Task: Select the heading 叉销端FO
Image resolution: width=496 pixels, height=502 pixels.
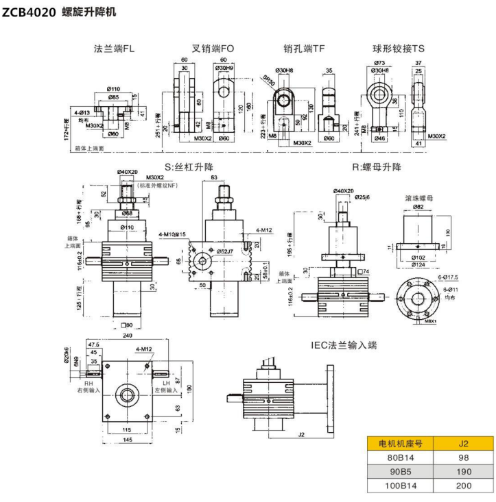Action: (x=213, y=49)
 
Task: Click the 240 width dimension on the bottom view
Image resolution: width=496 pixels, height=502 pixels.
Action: (x=126, y=336)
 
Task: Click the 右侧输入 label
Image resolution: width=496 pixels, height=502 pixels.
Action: (x=91, y=389)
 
